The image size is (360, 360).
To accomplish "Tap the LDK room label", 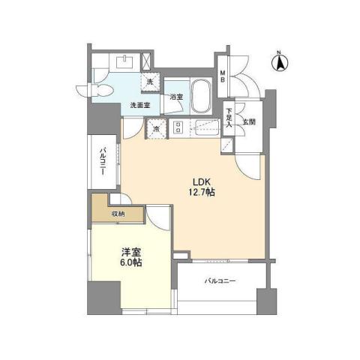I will point(201,181).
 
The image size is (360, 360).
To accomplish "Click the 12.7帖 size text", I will point(201,193).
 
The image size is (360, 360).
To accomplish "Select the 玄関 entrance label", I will point(249,121).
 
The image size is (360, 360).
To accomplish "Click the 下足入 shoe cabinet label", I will point(229,118).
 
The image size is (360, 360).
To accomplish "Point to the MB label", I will point(222,76).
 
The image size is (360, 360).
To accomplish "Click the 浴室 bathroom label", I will point(176,97).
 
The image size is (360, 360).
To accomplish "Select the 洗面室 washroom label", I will point(140,104).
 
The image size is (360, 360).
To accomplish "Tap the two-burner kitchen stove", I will point(178,127).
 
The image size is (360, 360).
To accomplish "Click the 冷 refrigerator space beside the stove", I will point(156,128).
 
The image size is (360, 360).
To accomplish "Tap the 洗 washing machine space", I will point(149,81).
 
